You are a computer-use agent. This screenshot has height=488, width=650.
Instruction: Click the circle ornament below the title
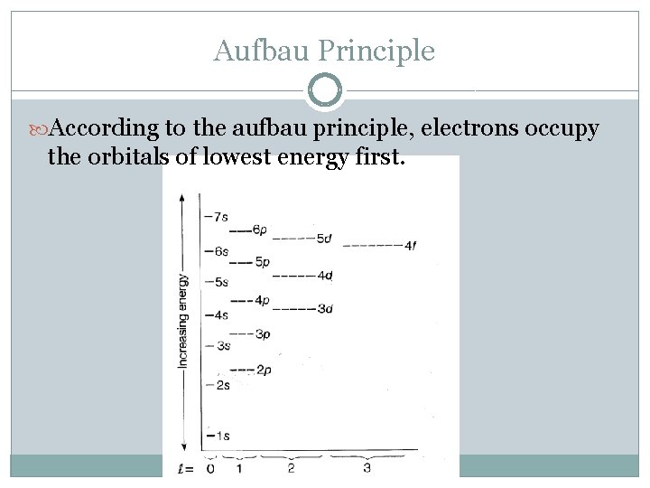pyautogui.click(x=325, y=91)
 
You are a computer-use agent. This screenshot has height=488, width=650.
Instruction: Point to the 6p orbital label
pyautogui.click(x=259, y=230)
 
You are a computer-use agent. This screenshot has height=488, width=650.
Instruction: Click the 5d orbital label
pyautogui.click(x=325, y=239)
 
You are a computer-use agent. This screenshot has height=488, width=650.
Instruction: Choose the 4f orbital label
pyautogui.click(x=410, y=245)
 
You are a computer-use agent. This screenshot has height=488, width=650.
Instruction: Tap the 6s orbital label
pyautogui.click(x=218, y=250)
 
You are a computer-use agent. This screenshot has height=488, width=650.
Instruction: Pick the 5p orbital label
pyautogui.click(x=263, y=262)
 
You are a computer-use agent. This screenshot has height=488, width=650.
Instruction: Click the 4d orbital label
pyautogui.click(x=325, y=275)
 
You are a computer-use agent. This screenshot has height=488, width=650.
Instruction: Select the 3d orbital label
pyautogui.click(x=325, y=308)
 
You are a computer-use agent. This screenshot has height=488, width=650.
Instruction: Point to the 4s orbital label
pyautogui.click(x=218, y=315)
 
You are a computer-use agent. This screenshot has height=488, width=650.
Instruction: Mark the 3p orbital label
pyautogui.click(x=263, y=333)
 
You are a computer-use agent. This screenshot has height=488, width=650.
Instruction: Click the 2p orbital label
pyautogui.click(x=264, y=370)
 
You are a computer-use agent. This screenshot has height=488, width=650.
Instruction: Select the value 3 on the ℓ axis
pyautogui.click(x=367, y=468)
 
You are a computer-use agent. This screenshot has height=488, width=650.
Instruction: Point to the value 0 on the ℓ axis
pyautogui.click(x=210, y=468)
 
